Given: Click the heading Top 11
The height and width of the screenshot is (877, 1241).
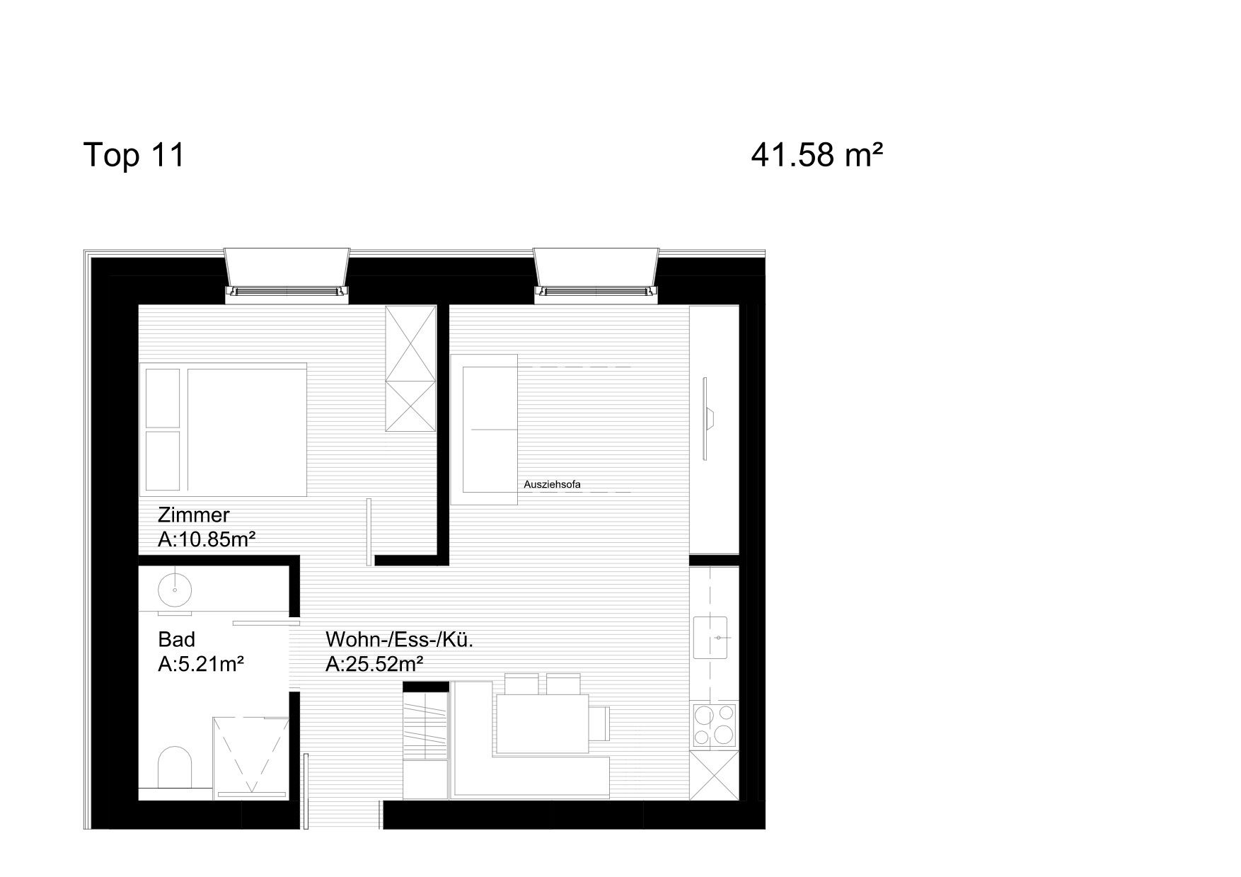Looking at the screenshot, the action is point(134,154).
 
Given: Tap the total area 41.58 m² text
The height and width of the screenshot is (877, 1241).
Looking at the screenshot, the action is point(817,154).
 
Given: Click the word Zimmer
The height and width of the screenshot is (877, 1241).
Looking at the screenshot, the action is point(194,515).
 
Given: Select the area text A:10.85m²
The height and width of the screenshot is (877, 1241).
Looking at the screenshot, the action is point(206,540).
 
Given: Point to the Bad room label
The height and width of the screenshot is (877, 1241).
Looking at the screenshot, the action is point(176,639).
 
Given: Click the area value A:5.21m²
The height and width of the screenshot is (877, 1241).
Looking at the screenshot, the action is point(201,665).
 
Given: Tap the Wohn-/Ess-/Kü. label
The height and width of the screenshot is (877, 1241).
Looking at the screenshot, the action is point(399,640).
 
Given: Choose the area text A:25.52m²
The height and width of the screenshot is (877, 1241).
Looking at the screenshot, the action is point(374,665).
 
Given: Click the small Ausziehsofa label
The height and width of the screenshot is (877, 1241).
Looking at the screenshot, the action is point(552,485).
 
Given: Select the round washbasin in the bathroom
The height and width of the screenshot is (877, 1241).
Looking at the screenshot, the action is point(174,590).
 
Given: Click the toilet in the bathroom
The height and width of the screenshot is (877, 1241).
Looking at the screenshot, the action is point(175,767).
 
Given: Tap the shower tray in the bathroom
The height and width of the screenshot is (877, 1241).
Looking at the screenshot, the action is point(251,756).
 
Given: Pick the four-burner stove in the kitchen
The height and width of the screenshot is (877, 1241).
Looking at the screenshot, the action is point(715,726).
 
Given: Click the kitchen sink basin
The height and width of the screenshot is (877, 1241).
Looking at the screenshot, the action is point(711,637).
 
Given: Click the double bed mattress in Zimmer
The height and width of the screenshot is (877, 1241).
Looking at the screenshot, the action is point(247,430).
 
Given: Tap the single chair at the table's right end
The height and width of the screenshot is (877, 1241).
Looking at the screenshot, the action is point(599,723).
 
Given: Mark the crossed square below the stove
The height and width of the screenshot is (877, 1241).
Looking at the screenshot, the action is point(715,775).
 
